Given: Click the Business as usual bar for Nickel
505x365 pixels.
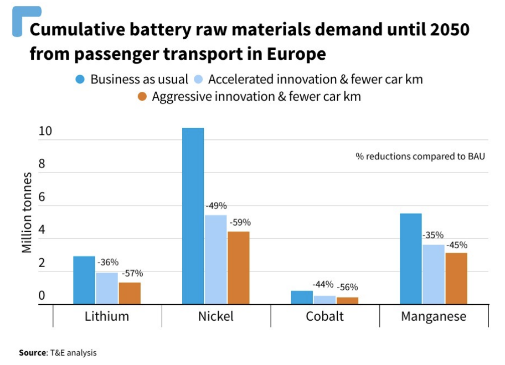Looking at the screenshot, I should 193,216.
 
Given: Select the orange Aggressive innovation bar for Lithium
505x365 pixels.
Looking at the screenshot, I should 130,293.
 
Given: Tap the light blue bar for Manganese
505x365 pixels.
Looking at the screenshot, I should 433,274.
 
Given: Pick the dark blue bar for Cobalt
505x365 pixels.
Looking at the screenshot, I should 302,298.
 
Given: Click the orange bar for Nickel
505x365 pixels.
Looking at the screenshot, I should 239,268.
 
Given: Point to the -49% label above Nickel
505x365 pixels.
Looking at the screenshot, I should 216,206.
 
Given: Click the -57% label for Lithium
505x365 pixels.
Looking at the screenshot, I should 132,273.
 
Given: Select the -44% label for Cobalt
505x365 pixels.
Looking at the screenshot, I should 323,284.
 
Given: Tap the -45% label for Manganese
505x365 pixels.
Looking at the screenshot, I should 456,244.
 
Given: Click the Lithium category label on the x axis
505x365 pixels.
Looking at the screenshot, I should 107,316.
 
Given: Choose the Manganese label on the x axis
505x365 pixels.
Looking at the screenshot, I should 434,316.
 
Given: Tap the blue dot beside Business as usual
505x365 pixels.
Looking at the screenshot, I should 80,79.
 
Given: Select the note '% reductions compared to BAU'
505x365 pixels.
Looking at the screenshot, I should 420,157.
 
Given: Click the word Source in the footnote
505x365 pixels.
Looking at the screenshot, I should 32,352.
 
